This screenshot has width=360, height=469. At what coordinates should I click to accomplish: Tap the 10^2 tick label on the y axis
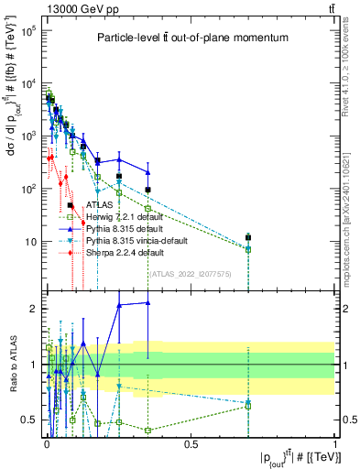coord(27,189)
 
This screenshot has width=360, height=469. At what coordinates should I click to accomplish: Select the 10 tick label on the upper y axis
coord(30,242)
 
